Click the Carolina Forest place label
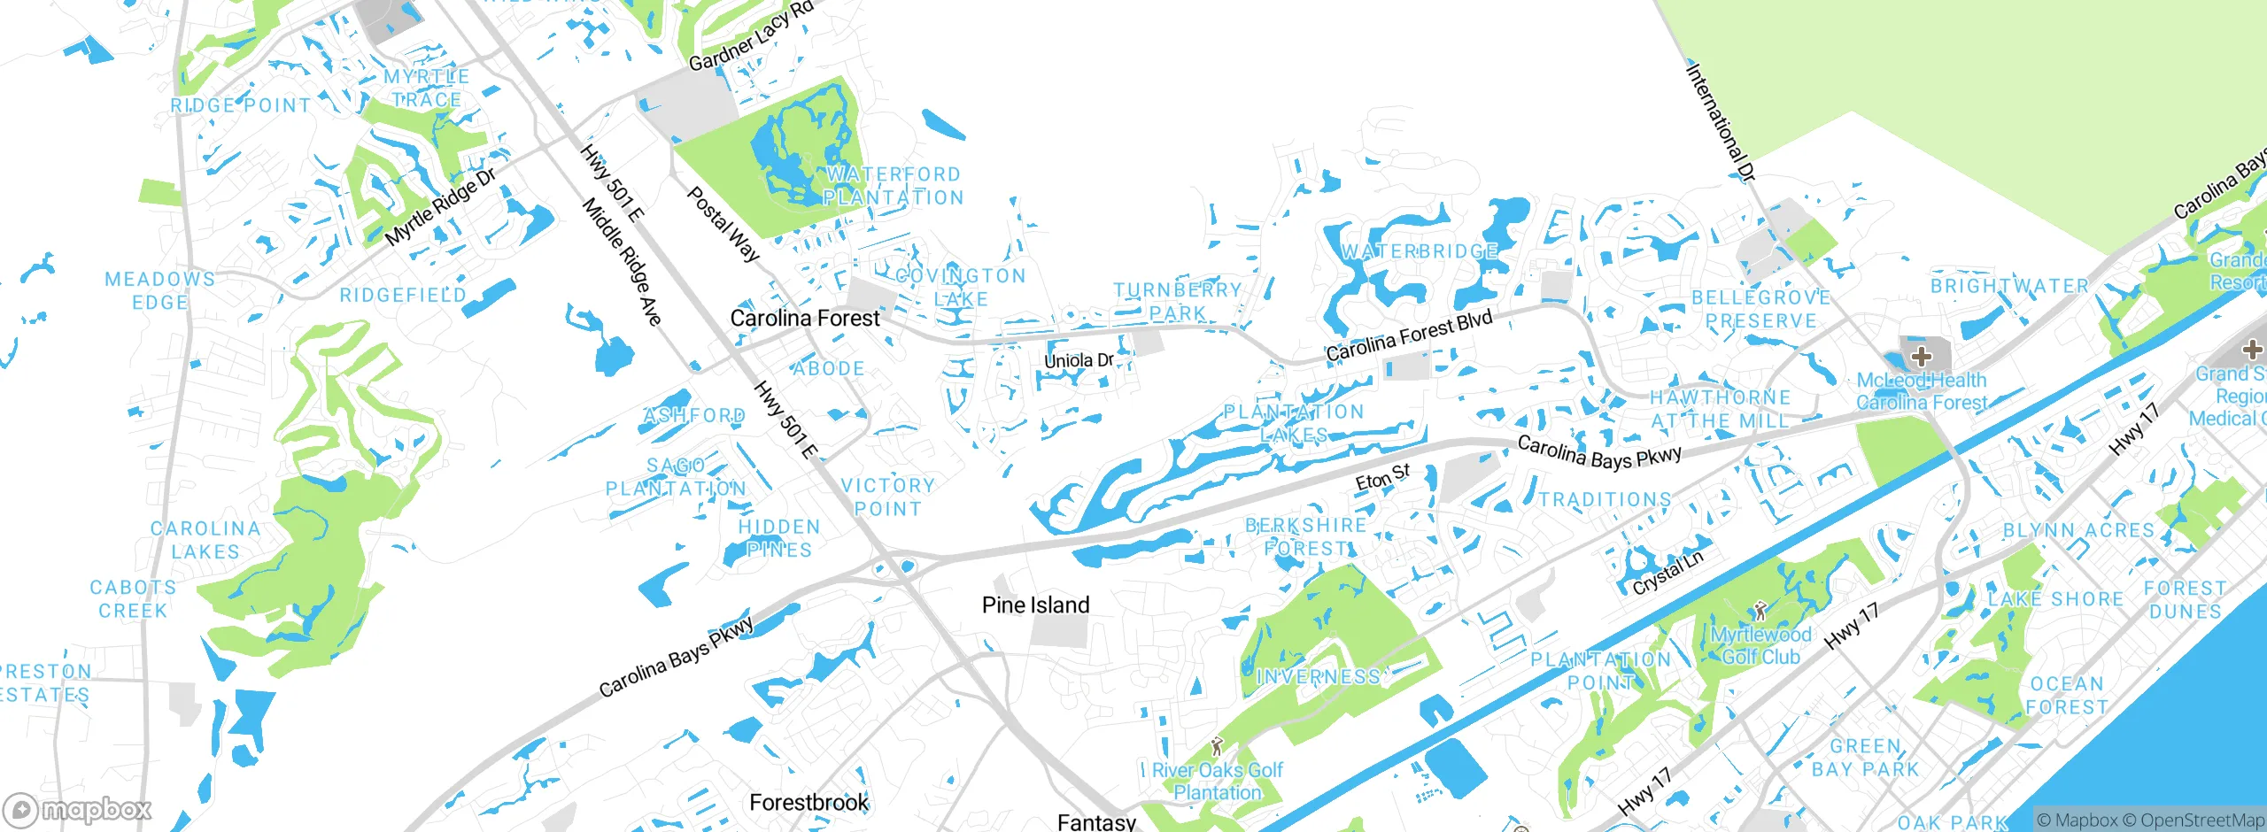(805, 318)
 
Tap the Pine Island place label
(1035, 605)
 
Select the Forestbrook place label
(809, 802)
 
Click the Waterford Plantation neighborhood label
(893, 186)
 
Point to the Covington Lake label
(961, 288)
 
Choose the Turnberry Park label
(1178, 302)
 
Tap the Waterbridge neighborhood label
(1419, 252)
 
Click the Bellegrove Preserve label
(1760, 309)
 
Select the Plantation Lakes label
(1294, 423)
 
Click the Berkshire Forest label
(1306, 536)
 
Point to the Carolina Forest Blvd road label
(1409, 336)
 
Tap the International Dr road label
(1720, 123)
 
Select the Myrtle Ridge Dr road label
(440, 208)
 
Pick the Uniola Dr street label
(1079, 360)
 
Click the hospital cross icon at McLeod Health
(1921, 357)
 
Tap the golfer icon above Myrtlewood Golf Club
(1760, 611)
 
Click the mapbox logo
(78, 809)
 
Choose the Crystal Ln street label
(1667, 573)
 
